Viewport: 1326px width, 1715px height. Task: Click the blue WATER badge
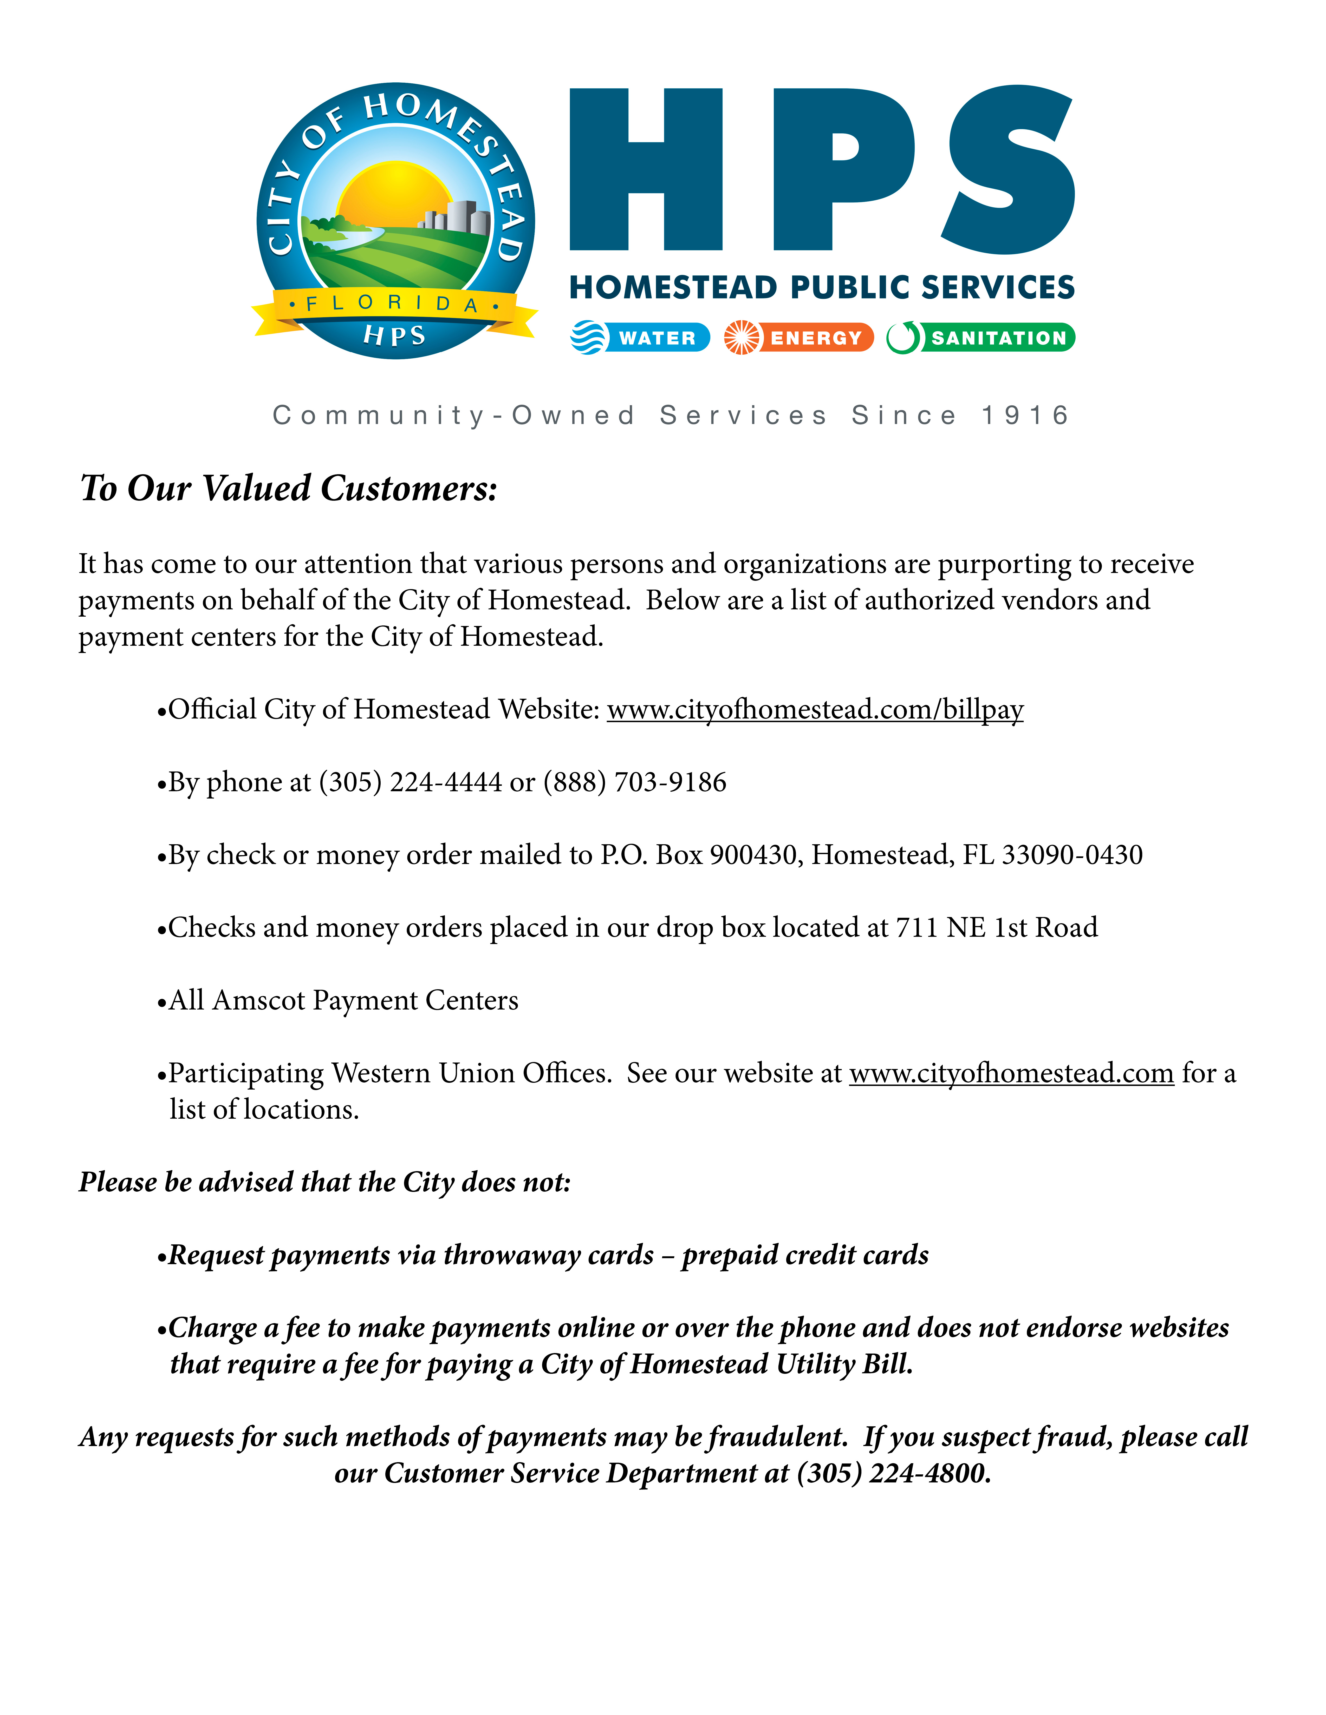click(640, 338)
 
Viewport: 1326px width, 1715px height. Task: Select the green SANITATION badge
click(981, 338)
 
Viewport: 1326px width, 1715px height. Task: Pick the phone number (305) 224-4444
click(410, 782)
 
